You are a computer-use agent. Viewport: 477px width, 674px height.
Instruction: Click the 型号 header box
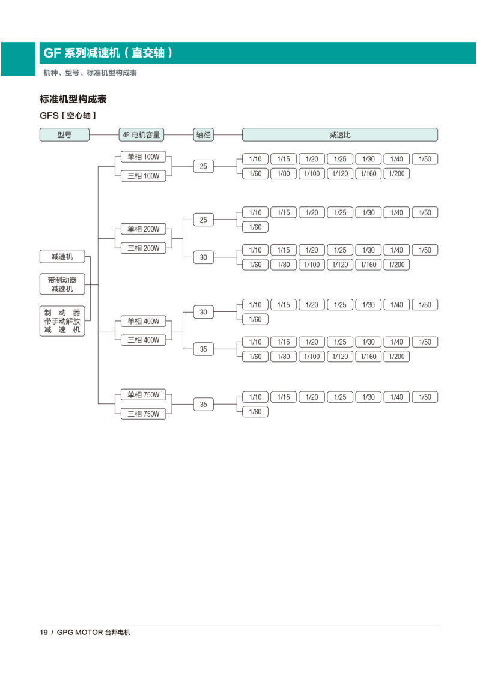[64, 135]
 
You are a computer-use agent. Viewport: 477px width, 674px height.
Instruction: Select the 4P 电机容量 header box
[142, 135]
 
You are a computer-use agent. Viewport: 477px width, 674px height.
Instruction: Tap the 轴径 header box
[204, 135]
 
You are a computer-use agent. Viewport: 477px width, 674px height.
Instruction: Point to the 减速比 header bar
[340, 135]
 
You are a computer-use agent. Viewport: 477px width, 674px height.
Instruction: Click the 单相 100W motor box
[143, 157]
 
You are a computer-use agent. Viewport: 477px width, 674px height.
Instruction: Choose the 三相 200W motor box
[143, 248]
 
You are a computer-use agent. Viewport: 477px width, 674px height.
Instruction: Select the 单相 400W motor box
[143, 321]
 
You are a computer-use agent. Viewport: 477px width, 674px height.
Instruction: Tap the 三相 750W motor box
[143, 414]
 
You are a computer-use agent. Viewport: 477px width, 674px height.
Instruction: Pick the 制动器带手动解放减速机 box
[62, 321]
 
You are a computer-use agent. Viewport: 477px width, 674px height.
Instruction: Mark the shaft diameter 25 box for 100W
[204, 166]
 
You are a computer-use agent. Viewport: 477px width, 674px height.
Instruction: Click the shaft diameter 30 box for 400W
[204, 312]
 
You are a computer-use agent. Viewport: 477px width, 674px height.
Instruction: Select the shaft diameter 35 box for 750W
[204, 405]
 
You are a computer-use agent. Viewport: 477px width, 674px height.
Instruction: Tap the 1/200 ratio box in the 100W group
[396, 173]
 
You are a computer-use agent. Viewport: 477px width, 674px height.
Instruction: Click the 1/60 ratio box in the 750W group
[255, 412]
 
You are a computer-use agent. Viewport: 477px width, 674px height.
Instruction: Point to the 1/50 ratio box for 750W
[425, 397]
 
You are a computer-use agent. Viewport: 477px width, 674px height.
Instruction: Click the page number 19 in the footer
[44, 632]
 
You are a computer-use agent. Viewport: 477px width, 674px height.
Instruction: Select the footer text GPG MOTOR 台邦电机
[93, 632]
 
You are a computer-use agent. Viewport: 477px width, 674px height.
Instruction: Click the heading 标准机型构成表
[73, 99]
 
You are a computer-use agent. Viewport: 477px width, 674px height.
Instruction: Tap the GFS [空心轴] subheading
[67, 115]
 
